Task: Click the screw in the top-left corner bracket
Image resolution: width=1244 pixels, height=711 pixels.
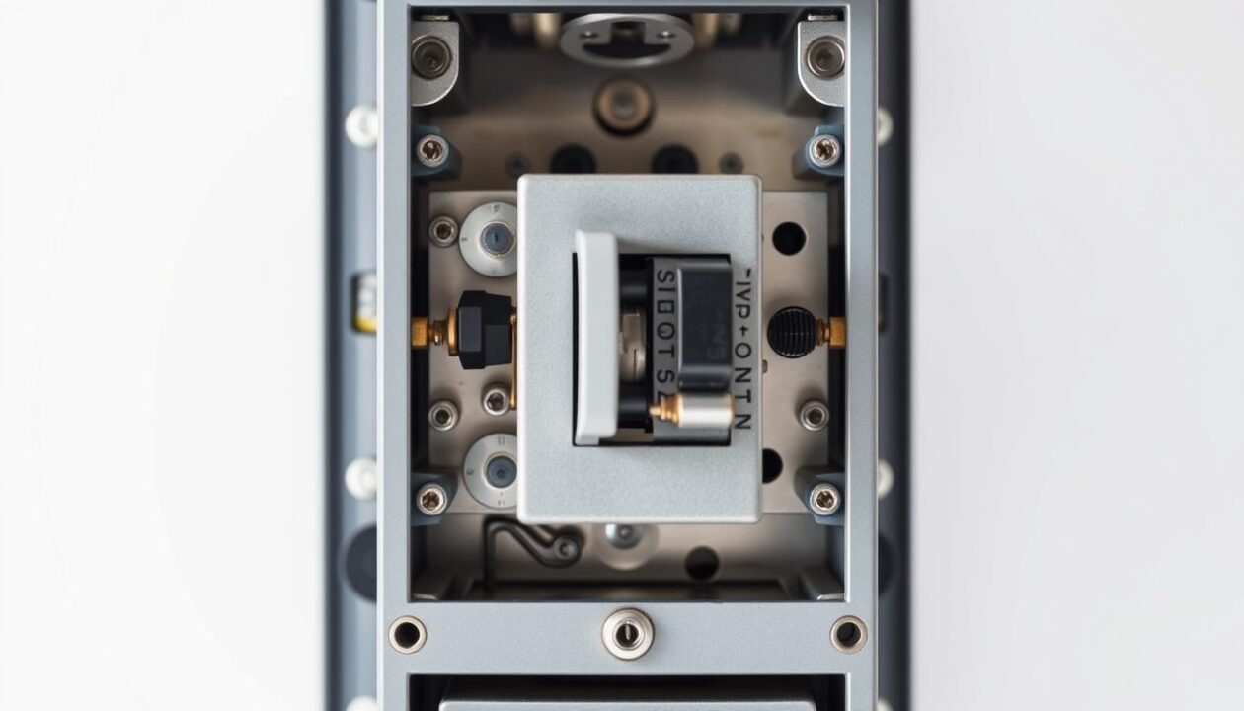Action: point(431,57)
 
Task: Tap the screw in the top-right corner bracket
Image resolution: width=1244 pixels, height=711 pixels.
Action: point(825,57)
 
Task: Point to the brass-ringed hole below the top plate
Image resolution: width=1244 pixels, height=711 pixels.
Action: point(624,106)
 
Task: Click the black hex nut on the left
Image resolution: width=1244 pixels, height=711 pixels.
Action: point(484,330)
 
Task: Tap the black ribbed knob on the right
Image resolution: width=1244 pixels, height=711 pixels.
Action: point(793,332)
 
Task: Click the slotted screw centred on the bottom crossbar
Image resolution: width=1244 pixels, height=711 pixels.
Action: point(628,633)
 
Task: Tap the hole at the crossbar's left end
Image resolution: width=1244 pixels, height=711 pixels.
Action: point(407,633)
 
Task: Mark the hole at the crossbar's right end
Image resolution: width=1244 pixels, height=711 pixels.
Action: point(849,633)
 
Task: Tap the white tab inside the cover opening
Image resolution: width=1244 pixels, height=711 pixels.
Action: point(596,337)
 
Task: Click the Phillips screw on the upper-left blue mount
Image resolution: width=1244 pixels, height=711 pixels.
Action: point(431,150)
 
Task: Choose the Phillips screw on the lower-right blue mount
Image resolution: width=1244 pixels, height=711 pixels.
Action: point(825,498)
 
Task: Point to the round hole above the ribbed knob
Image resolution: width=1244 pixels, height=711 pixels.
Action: point(789,238)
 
